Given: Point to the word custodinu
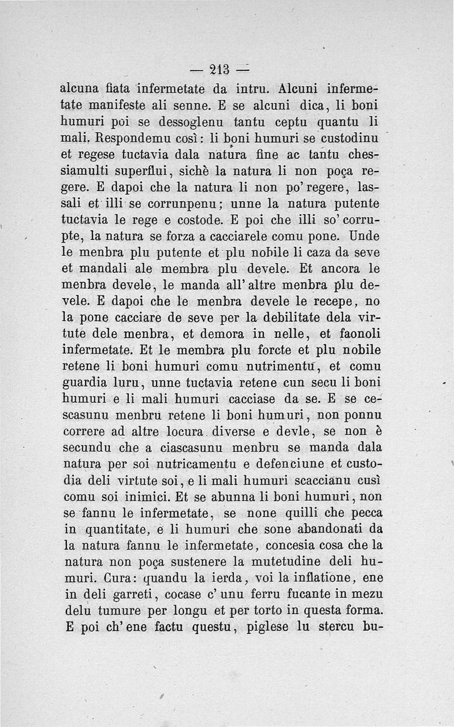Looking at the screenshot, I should click(349, 138).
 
